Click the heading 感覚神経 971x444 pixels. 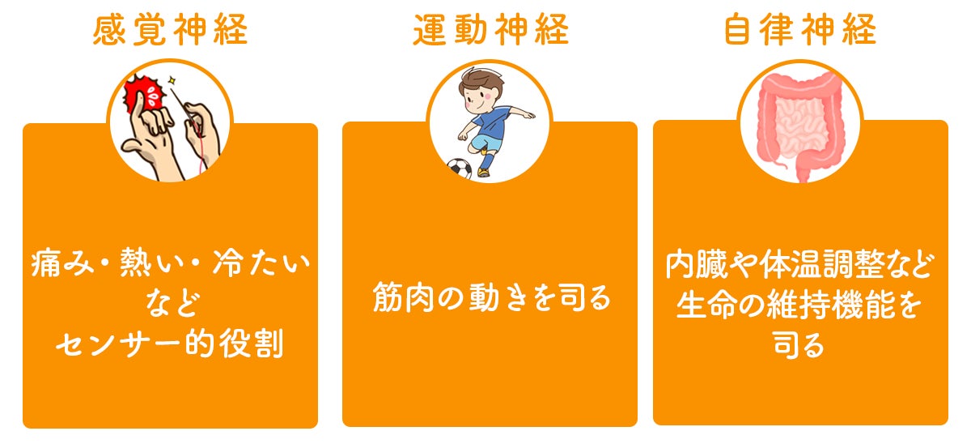tap(171, 29)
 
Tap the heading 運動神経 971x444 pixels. tap(490, 29)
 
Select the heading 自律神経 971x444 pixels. tap(800, 29)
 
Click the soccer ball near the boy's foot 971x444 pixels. tap(460, 169)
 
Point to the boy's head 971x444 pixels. tap(481, 90)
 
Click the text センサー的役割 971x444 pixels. tap(170, 344)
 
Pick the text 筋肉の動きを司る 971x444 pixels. tap(492, 297)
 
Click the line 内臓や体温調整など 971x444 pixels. tap(799, 264)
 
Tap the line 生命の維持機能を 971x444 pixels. tap(799, 305)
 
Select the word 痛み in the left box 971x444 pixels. tap(62, 263)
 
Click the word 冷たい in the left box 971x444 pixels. tap(262, 263)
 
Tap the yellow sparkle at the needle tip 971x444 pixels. tap(172, 80)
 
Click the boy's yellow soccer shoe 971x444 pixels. tap(483, 173)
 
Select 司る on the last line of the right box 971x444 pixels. tap(799, 346)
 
